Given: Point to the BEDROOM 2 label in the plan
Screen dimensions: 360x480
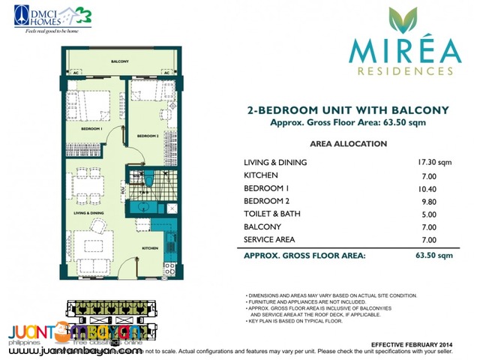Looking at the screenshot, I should pyautogui.click(x=146, y=136).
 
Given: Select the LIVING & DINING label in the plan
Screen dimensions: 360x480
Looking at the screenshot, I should pyautogui.click(x=89, y=214).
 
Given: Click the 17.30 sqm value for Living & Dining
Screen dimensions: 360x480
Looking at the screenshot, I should pyautogui.click(x=436, y=163).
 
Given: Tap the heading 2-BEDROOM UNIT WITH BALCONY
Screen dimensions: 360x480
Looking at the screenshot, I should pyautogui.click(x=348, y=110).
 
